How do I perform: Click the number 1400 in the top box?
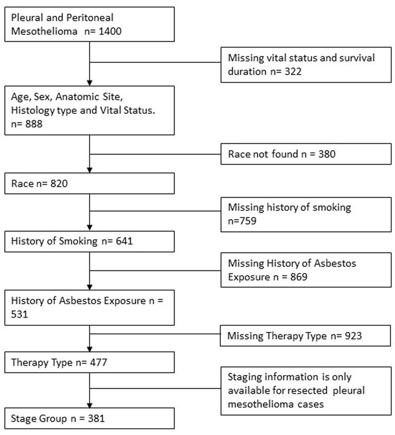pos(110,31)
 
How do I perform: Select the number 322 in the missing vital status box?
pos(293,72)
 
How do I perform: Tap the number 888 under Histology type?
pos(34,124)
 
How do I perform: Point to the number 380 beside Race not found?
pos(327,154)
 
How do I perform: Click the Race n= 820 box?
pos(90,183)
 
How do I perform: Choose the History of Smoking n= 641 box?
pos(90,241)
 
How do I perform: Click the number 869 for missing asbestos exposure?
pos(299,277)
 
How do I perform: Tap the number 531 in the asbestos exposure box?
pos(19,314)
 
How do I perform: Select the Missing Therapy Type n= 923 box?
pos(305,336)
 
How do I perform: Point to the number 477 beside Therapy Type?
pos(98,362)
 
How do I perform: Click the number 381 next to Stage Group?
pos(96,418)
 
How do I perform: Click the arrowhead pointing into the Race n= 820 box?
pos(90,170)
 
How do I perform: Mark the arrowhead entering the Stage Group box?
pos(90,405)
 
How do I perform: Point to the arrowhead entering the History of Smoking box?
pos(90,228)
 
